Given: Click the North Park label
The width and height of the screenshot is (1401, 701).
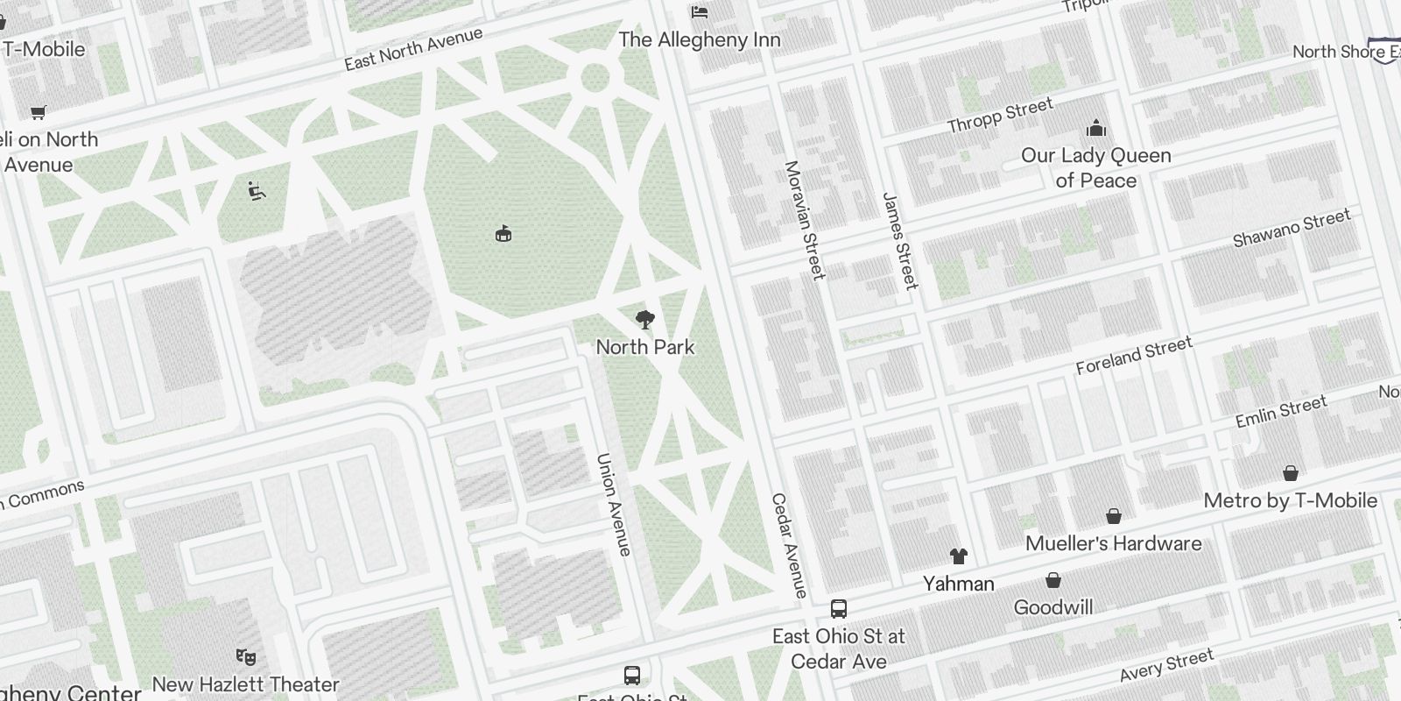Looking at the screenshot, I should pyautogui.click(x=645, y=347).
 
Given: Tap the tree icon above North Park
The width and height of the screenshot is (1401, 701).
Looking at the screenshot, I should pyautogui.click(x=645, y=319).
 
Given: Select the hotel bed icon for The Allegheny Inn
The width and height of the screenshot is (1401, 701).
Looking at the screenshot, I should pyautogui.click(x=700, y=11).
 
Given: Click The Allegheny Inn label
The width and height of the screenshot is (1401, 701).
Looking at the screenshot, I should pyautogui.click(x=700, y=39).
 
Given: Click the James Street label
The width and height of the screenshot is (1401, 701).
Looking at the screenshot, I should pyautogui.click(x=900, y=241).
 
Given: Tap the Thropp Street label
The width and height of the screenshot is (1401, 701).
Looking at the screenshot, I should pyautogui.click(x=1000, y=116).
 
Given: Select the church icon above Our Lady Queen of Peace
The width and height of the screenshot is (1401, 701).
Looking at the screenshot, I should pyautogui.click(x=1096, y=129).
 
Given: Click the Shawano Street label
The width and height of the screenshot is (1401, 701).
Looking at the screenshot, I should pyautogui.click(x=1292, y=228).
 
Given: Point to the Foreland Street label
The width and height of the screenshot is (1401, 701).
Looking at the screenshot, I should pyautogui.click(x=1134, y=355).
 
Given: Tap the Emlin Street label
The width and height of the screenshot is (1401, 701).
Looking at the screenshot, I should pyautogui.click(x=1281, y=412).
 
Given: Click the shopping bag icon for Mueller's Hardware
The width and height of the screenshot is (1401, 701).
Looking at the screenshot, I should pyautogui.click(x=1114, y=516).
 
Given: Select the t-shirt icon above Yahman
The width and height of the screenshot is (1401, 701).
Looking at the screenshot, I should pyautogui.click(x=959, y=556).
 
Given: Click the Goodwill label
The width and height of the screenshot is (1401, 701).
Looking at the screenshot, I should pyautogui.click(x=1053, y=607).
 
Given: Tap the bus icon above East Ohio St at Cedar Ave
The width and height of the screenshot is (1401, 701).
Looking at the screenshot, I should pyautogui.click(x=839, y=608).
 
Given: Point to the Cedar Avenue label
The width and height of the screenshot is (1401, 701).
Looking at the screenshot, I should pyautogui.click(x=788, y=546).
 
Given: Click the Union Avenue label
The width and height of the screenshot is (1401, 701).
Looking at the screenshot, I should pyautogui.click(x=613, y=504).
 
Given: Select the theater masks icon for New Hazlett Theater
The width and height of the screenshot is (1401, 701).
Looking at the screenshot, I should pyautogui.click(x=245, y=655).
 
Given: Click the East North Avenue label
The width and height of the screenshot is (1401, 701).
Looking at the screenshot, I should pyautogui.click(x=413, y=49).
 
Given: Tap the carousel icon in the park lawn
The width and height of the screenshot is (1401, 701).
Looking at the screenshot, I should pyautogui.click(x=503, y=234).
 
